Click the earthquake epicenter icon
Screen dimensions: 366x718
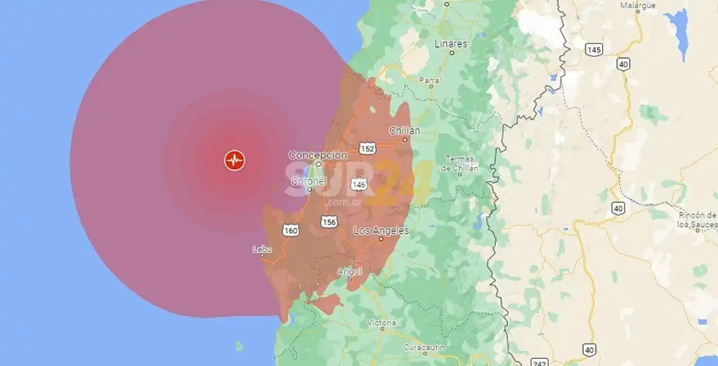234,160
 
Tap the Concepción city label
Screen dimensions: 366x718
317,155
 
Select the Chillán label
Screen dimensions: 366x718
405,131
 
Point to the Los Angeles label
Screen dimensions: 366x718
381,231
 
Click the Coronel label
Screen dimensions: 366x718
308,181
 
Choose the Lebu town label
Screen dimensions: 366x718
262,249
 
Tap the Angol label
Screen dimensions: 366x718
349,271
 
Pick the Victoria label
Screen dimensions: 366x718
381,323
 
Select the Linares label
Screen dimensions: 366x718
451,43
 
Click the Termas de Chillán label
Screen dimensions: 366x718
460,163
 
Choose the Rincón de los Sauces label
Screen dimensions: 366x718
698,220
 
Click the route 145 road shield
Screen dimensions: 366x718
594,50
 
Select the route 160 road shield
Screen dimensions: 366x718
291,230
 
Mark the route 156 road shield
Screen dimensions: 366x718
329,222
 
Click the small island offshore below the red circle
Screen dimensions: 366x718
239,345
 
